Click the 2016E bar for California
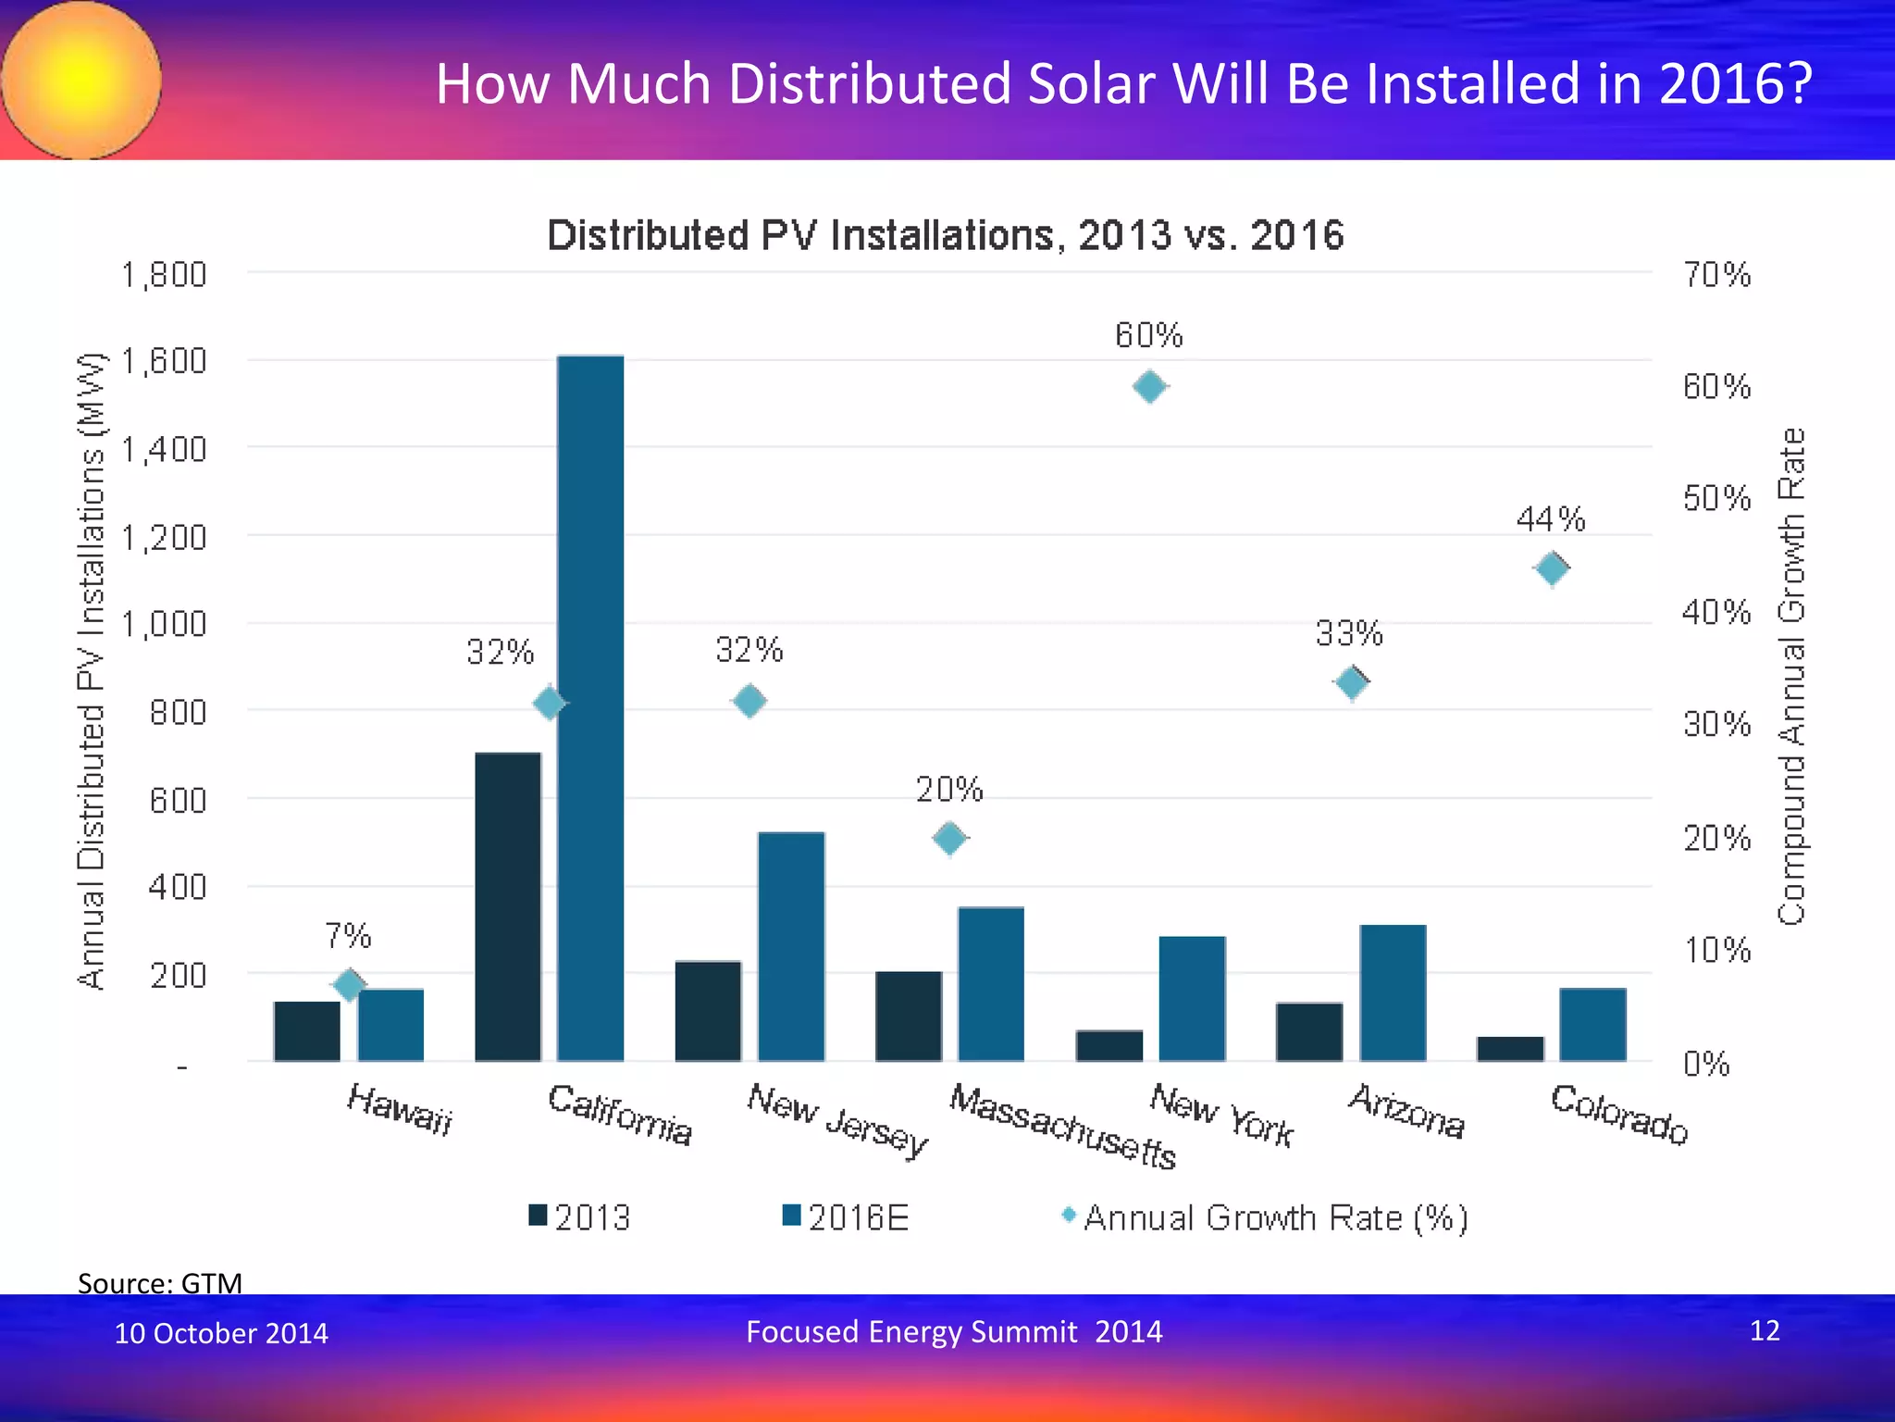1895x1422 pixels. tap(590, 708)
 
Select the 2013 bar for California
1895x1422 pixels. tap(508, 907)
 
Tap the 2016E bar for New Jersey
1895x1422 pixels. tap(791, 946)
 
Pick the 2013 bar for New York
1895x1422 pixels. tap(1109, 1046)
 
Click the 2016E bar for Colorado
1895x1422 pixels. tap(1592, 1025)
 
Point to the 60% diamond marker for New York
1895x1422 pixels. tap(1149, 386)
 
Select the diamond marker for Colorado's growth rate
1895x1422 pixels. tap(1552, 568)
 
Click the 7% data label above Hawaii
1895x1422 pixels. tap(348, 936)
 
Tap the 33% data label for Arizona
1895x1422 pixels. tap(1349, 634)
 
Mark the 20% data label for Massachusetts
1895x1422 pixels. tap(949, 790)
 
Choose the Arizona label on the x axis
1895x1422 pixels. tap(1406, 1111)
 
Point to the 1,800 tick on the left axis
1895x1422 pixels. tap(164, 275)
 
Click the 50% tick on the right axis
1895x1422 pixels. tap(1716, 499)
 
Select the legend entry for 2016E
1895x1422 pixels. tap(846, 1217)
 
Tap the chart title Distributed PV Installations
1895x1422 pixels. tap(945, 235)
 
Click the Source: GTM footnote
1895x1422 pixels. tap(160, 1283)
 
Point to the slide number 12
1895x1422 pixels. tap(1765, 1330)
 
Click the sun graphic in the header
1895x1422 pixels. tap(81, 81)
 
